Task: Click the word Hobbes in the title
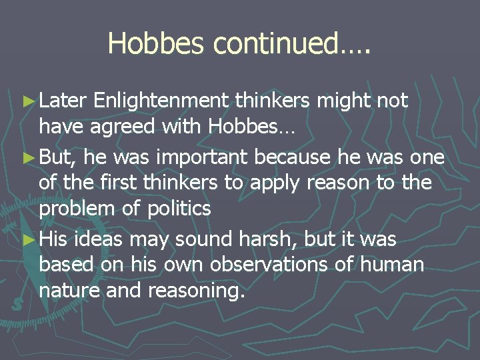point(157,43)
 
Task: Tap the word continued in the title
point(274,43)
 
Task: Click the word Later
point(64,101)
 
